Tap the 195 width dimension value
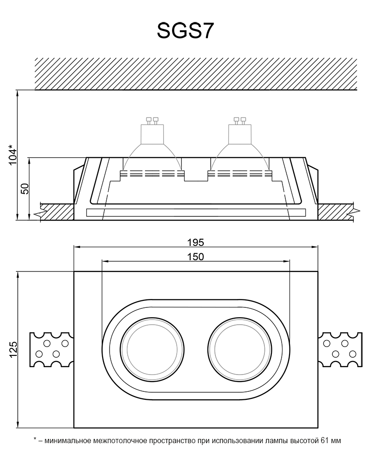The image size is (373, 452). coord(196,242)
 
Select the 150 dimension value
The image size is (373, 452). coord(195,257)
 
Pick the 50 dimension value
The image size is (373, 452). coord(25,188)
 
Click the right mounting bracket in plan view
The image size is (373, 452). coord(340,349)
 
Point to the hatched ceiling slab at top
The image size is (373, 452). coord(196,73)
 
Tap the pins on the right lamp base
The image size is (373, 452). coord(240,120)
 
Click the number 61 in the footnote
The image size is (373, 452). coord(322,440)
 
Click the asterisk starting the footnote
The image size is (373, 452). coord(35,439)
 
